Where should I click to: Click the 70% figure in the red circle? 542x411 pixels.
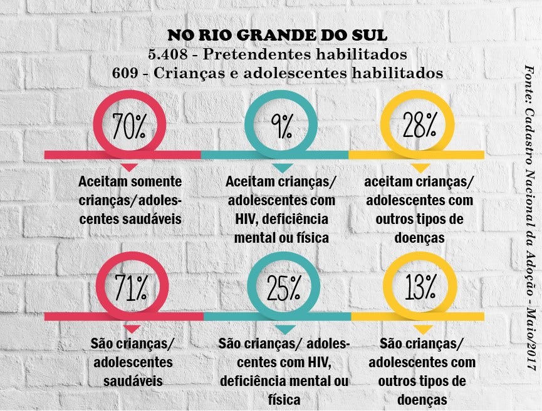tap(128, 126)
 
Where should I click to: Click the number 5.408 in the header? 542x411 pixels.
tap(168, 54)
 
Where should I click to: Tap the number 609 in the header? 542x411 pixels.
tap(125, 73)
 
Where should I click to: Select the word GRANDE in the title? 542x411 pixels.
tap(252, 35)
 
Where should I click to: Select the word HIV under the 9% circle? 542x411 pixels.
tap(244, 219)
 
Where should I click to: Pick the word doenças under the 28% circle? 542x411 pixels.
tap(419, 238)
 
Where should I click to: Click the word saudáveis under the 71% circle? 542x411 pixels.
tap(133, 380)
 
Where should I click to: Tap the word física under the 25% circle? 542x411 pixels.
tap(284, 400)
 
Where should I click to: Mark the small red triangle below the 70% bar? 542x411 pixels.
tap(130, 168)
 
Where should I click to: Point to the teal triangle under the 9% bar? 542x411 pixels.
tap(283, 168)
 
